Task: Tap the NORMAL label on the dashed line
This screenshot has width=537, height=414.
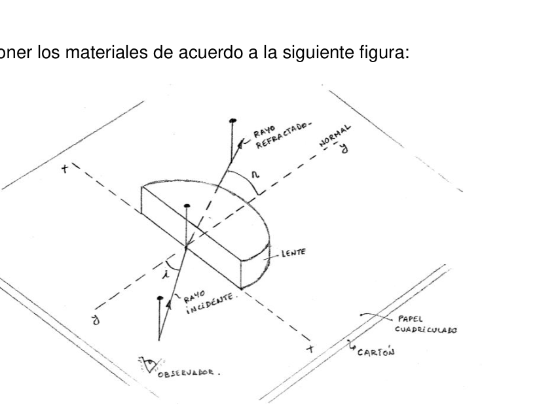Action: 335,136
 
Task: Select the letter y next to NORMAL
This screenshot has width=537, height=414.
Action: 344,148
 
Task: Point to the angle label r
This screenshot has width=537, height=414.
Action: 255,175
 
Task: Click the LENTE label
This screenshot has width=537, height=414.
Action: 293,253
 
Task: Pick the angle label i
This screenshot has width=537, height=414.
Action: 167,274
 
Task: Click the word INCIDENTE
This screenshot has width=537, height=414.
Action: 210,303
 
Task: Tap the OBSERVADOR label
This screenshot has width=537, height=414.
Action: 187,373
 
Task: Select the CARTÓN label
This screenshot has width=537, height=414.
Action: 375,352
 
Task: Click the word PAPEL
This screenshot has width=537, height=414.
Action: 410,319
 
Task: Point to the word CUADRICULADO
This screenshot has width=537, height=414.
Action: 426,330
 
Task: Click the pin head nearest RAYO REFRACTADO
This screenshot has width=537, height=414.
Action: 233,120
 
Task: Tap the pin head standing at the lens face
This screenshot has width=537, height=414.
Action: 187,206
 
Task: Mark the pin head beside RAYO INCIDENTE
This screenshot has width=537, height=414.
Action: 160,298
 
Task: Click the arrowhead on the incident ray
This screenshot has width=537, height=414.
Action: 169,304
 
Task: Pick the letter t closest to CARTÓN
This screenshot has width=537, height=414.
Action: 310,349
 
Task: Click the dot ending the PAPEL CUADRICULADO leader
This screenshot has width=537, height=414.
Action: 361,315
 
